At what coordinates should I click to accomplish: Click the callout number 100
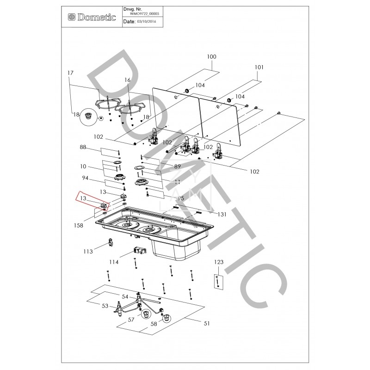(211, 57)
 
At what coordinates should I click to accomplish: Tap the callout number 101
(259, 67)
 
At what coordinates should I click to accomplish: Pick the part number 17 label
(71, 73)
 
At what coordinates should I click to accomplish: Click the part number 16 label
(128, 80)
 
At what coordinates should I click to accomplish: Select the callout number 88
(83, 147)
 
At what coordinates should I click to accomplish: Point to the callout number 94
(85, 178)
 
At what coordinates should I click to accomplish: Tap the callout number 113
(88, 252)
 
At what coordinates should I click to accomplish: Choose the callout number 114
(114, 262)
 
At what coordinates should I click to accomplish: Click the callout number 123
(219, 262)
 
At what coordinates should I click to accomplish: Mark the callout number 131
(222, 214)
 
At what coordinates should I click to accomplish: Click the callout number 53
(105, 306)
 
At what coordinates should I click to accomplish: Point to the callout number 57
(131, 320)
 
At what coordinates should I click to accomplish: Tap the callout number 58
(153, 324)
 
